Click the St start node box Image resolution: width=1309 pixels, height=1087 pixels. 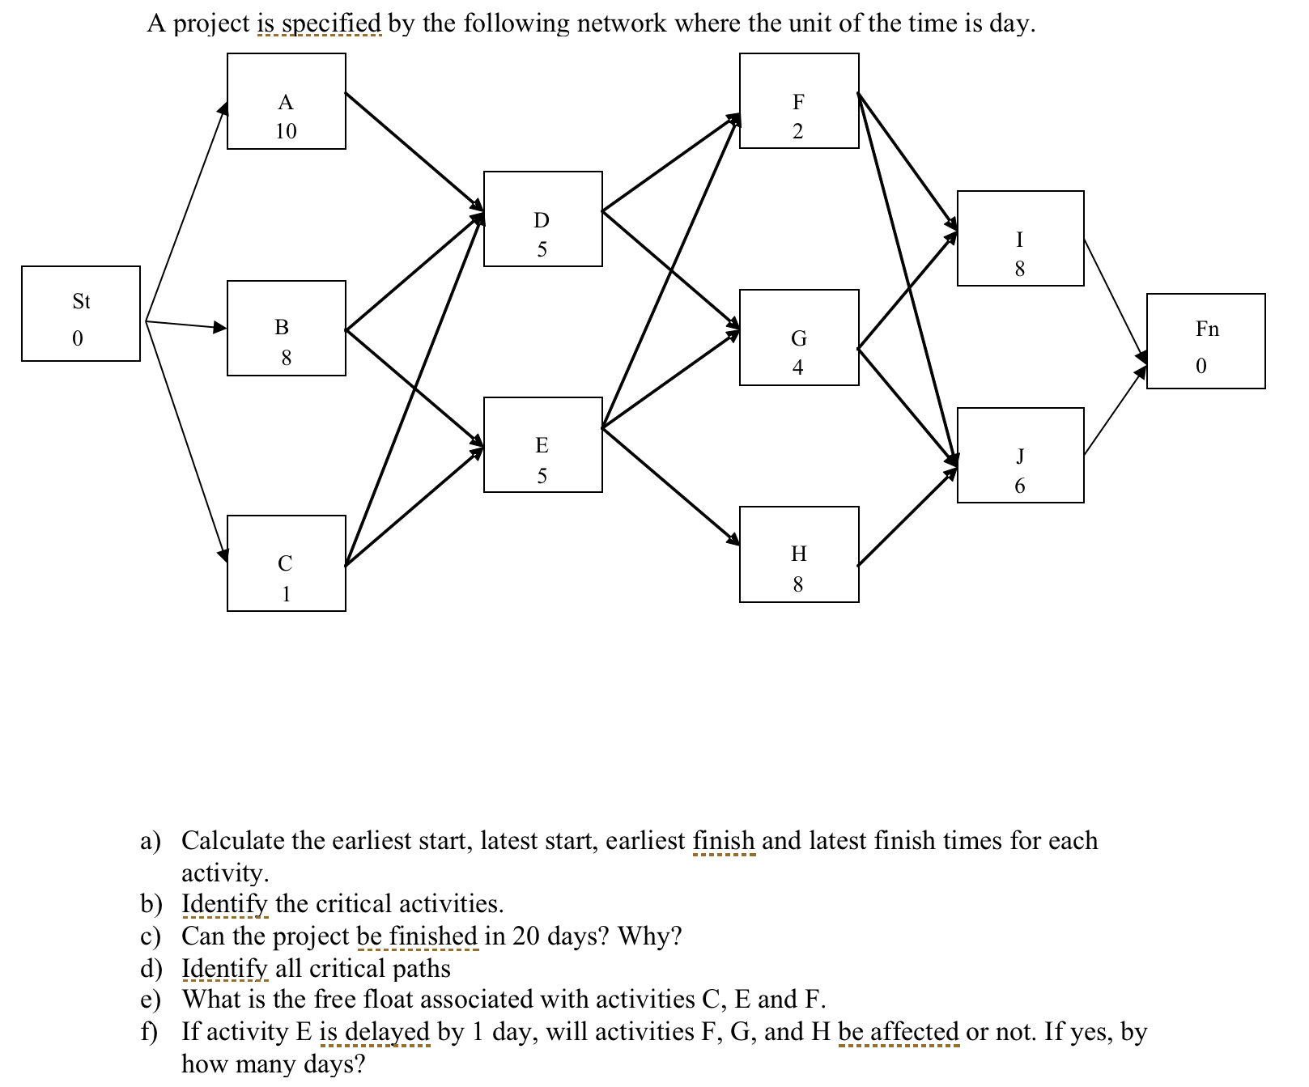click(x=80, y=313)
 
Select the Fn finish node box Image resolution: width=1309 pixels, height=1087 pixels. click(x=1205, y=341)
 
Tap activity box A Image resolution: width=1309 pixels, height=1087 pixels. click(x=286, y=101)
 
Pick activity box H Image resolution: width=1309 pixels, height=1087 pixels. click(x=798, y=554)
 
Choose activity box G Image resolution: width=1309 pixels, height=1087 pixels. click(x=798, y=338)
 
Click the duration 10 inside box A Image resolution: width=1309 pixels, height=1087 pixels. click(x=286, y=131)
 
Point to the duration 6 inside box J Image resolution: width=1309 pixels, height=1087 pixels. click(x=1019, y=486)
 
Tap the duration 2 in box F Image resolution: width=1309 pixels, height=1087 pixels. click(x=797, y=131)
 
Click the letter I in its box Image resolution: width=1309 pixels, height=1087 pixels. click(x=1019, y=240)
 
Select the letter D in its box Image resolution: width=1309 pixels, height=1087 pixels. click(x=542, y=220)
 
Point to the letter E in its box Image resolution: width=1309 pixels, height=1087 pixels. click(x=542, y=445)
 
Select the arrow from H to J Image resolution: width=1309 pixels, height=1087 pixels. click(x=907, y=518)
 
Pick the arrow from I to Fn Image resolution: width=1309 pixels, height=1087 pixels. click(x=1114, y=299)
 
